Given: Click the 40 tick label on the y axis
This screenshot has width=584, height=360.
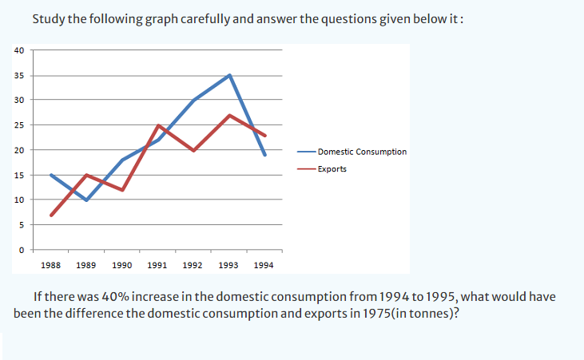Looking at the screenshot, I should tap(19, 50).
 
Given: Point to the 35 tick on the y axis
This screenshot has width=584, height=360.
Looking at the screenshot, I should tap(19, 76).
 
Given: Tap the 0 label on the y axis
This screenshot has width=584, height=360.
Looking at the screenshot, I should tap(22, 250).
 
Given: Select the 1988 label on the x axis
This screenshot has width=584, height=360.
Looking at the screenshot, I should tap(50, 264).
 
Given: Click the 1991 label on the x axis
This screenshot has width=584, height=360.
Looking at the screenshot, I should tap(157, 264).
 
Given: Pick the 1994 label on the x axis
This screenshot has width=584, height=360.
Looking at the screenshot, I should tap(264, 264).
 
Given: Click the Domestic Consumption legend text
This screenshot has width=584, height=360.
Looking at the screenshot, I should tap(362, 152).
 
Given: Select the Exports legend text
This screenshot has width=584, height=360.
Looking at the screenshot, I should tap(332, 169).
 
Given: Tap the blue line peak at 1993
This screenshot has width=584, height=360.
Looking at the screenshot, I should tap(230, 76).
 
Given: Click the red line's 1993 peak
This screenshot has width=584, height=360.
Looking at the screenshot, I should tap(230, 116).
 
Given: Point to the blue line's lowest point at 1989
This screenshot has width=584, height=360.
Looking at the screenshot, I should tap(86, 200).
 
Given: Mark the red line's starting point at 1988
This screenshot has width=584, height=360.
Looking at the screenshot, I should tap(51, 215).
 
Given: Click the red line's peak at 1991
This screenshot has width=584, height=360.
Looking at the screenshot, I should tap(158, 125).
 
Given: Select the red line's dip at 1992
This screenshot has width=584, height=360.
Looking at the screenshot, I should tap(194, 150).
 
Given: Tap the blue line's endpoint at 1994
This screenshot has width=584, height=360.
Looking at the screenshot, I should tap(265, 155).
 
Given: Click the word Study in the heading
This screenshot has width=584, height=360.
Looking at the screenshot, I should tap(49, 18).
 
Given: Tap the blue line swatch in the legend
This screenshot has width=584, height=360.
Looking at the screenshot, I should tap(305, 152).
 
